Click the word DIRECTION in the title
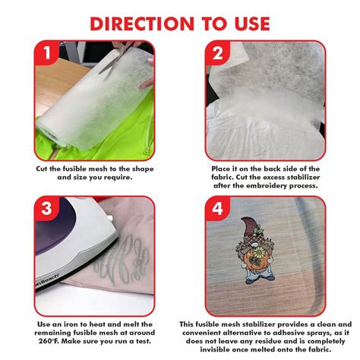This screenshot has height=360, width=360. [x=142, y=24]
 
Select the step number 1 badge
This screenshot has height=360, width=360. [x=47, y=52]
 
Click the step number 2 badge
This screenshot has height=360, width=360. [x=217, y=53]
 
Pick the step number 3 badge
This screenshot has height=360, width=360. [x=47, y=209]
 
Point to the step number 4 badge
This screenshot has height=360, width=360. [x=217, y=209]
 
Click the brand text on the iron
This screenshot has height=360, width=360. [x=47, y=279]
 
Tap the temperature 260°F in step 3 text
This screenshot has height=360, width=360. [x=49, y=341]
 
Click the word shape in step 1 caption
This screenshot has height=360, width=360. [x=143, y=169]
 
